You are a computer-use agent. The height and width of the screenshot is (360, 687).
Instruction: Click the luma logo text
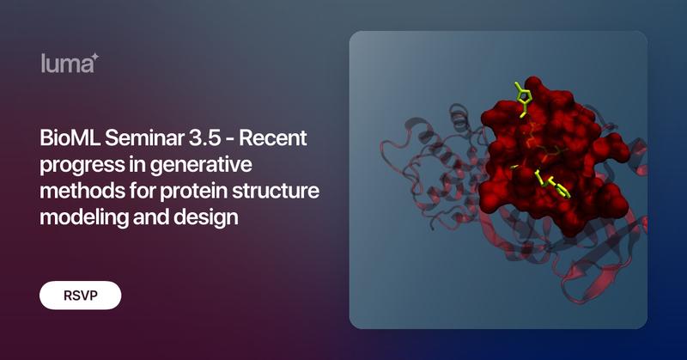click(65, 64)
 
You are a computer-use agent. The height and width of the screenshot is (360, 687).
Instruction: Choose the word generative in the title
click(193, 164)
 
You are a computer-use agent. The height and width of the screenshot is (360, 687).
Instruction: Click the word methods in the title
click(76, 191)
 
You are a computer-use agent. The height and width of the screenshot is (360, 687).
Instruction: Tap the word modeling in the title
click(78, 217)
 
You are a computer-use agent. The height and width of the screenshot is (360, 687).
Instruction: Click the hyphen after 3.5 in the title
click(229, 138)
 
